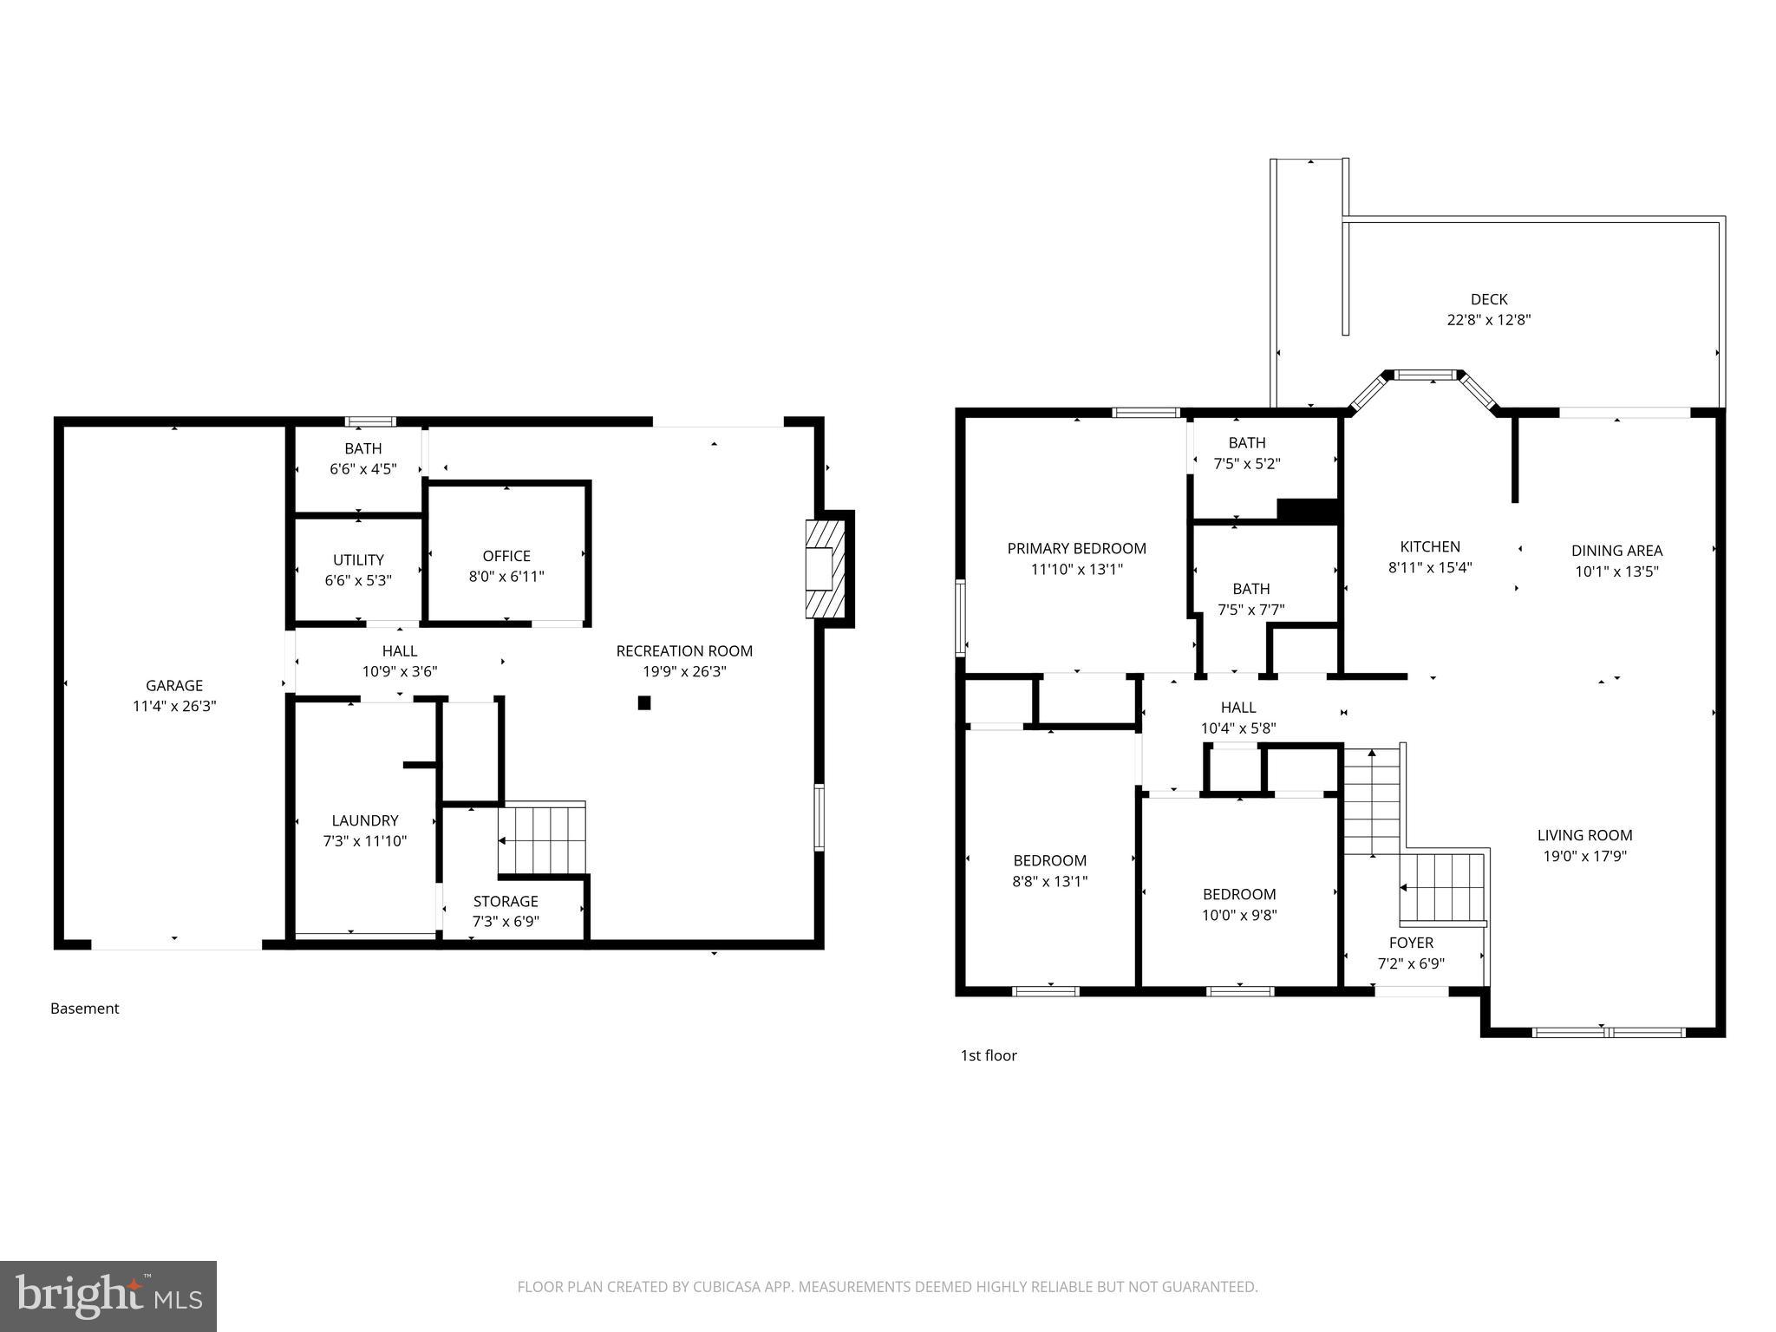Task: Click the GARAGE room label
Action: pyautogui.click(x=173, y=685)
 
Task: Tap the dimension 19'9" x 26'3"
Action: pyautogui.click(x=683, y=671)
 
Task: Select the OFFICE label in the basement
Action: pyautogui.click(x=506, y=556)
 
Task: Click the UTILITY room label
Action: pyautogui.click(x=358, y=560)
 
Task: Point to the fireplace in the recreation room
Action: pyautogui.click(x=825, y=569)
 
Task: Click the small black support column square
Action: pyautogui.click(x=643, y=703)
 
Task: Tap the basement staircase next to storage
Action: pyautogui.click(x=542, y=839)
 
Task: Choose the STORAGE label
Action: pyautogui.click(x=506, y=902)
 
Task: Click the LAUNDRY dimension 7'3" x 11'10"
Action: pyautogui.click(x=364, y=840)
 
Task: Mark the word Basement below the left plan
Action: pyautogui.click(x=84, y=1009)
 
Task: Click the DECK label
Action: pyautogui.click(x=1488, y=299)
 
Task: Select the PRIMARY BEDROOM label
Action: pyautogui.click(x=1076, y=548)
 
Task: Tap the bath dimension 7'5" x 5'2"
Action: pyautogui.click(x=1246, y=464)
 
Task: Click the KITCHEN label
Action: pyautogui.click(x=1429, y=546)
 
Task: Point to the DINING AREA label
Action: pyautogui.click(x=1616, y=551)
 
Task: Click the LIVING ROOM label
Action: pyautogui.click(x=1584, y=835)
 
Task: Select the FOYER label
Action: pyautogui.click(x=1411, y=943)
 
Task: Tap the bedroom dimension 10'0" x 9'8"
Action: pyautogui.click(x=1238, y=915)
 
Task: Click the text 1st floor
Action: pyautogui.click(x=988, y=1055)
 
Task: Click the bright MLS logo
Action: pyautogui.click(x=108, y=1296)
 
